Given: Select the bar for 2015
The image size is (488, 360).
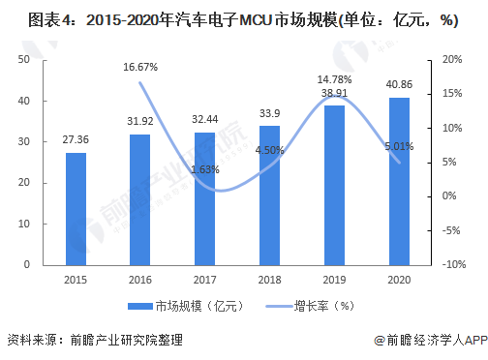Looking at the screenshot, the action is click(x=76, y=209).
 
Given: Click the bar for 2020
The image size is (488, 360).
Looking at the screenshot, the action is click(x=399, y=182).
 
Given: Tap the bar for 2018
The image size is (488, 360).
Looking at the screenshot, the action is click(x=270, y=195).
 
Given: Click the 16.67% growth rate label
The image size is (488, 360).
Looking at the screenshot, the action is click(x=140, y=67).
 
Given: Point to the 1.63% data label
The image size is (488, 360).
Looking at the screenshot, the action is click(x=205, y=169).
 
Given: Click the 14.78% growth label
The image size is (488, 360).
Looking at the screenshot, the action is click(x=334, y=79).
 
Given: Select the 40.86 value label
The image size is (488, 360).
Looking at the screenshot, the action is click(x=399, y=84).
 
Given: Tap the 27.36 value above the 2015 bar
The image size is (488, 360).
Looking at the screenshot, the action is click(x=76, y=139).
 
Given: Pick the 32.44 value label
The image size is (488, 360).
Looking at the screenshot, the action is click(x=205, y=119).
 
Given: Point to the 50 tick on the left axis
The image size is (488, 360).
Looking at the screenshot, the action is click(x=24, y=59).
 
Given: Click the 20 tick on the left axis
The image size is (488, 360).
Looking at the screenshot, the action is click(x=24, y=183).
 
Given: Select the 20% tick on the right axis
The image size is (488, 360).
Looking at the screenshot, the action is click(x=452, y=59).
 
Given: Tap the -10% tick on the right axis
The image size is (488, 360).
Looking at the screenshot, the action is click(x=454, y=264).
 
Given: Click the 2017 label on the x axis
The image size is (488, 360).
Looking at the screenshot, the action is click(x=205, y=280).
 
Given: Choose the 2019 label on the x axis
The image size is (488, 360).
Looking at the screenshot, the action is click(x=334, y=280).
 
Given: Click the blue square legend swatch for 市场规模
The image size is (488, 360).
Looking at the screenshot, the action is click(x=140, y=306).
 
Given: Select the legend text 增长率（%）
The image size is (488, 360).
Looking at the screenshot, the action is click(x=324, y=306).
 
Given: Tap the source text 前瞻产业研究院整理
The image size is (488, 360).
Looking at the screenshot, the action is click(x=127, y=340).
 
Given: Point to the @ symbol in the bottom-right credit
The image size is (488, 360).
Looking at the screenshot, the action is click(x=380, y=341).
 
